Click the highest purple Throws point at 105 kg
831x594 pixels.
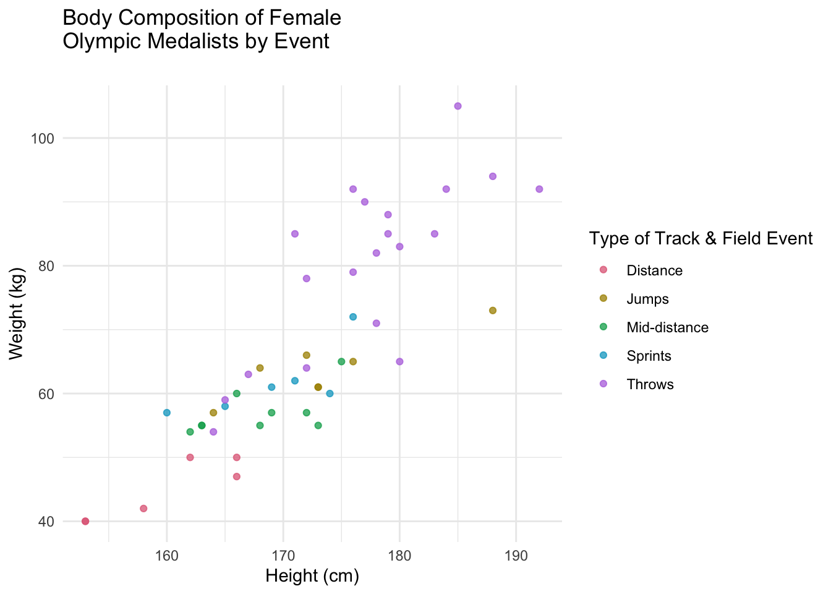point(458,106)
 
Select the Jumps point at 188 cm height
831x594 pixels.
point(493,310)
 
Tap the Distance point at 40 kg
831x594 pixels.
point(85,521)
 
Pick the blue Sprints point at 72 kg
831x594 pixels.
point(353,317)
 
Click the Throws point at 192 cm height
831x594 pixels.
point(539,189)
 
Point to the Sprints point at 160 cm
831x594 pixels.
point(167,413)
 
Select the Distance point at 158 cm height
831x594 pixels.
point(143,509)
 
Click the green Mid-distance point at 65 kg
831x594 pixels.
point(341,361)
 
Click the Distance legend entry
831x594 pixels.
point(654,270)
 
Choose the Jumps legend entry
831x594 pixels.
point(647,299)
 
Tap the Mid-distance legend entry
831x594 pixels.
point(667,327)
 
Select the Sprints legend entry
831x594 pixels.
point(649,356)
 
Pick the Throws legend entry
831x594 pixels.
point(650,384)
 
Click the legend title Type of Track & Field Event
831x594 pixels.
point(701,239)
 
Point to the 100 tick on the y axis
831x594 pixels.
point(43,138)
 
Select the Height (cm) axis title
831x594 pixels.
point(312,576)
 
